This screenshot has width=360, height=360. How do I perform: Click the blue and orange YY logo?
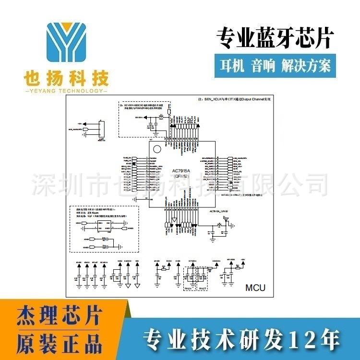coord(66,45)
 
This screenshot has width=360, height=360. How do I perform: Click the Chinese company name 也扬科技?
coord(66,78)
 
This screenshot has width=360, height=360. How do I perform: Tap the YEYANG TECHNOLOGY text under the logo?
coord(66,91)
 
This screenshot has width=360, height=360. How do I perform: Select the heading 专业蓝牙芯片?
coord(274,38)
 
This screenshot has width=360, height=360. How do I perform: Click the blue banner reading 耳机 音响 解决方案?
coord(275,65)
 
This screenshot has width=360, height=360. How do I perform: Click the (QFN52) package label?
coord(181,177)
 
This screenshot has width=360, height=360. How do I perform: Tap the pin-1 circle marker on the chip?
coord(155,146)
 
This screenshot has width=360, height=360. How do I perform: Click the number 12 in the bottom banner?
coord(308,341)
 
